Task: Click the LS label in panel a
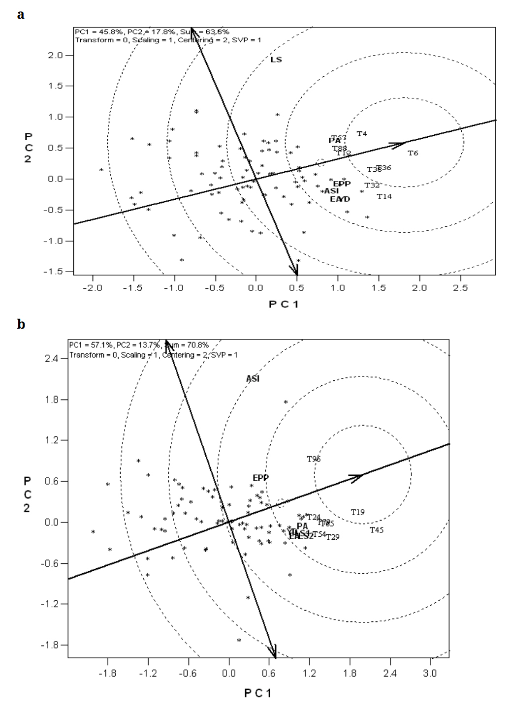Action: [x=276, y=60]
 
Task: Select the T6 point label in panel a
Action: [x=413, y=154]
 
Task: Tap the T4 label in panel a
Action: [x=362, y=134]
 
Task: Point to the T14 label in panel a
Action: [x=384, y=197]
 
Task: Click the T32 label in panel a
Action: [x=372, y=185]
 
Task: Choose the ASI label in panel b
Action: [x=253, y=379]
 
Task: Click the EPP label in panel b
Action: [x=261, y=478]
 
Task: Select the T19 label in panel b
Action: [x=358, y=512]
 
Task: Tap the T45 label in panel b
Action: [x=377, y=530]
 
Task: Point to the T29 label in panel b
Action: [x=333, y=537]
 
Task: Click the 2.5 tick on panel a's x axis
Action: [x=460, y=287]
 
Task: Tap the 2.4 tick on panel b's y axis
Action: [x=52, y=359]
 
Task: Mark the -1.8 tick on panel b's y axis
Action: [x=51, y=645]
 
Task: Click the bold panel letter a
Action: [x=21, y=15]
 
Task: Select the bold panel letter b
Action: [x=21, y=325]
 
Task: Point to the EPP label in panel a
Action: [x=342, y=184]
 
